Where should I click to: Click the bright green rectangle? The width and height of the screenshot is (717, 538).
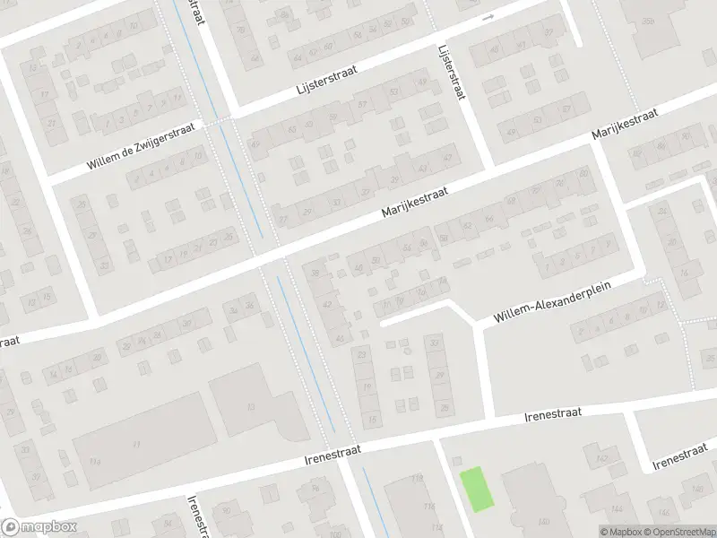(x=477, y=490)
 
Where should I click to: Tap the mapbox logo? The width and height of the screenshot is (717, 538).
(x=39, y=527)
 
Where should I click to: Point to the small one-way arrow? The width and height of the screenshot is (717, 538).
(x=488, y=17)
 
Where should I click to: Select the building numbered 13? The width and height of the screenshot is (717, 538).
(x=250, y=406)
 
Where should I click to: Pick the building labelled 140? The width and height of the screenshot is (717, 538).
(x=543, y=520)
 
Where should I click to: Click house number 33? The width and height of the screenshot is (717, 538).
(x=436, y=343)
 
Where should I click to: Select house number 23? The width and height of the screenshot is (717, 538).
(x=362, y=356)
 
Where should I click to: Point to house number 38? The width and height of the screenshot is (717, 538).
(x=314, y=271)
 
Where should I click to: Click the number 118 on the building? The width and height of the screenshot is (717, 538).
(x=417, y=480)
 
